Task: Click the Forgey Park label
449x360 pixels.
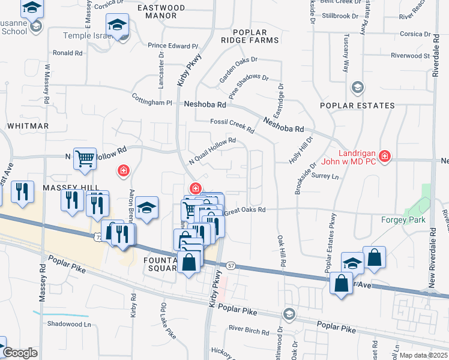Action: click(403, 220)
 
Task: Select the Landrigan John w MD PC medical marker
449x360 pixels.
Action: click(385, 157)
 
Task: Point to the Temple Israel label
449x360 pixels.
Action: click(88, 36)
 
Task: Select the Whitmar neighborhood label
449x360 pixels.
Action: click(28, 126)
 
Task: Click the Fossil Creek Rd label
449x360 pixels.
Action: click(232, 125)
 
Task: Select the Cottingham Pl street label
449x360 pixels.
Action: click(152, 103)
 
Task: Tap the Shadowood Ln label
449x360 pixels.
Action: click(68, 324)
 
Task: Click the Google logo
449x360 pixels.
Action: click(20, 353)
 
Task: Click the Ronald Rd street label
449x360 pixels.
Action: click(67, 53)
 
